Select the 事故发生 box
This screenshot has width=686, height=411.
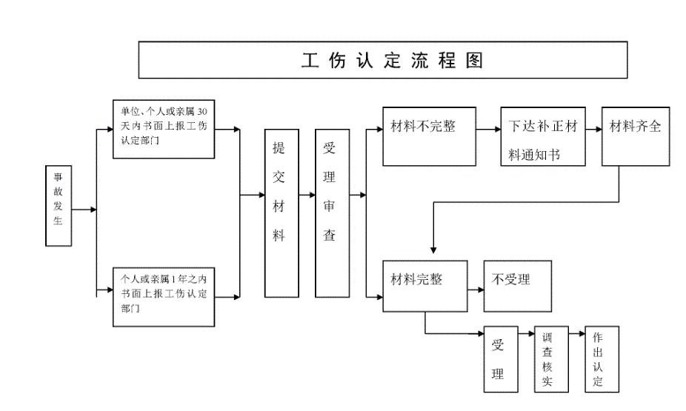point(59,204)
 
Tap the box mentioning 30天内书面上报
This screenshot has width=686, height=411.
point(164,129)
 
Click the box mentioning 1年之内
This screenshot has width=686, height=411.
point(164,295)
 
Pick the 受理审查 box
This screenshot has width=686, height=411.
point(329,213)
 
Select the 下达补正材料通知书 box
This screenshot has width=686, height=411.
point(542,136)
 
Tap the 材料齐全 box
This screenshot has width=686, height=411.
point(635,136)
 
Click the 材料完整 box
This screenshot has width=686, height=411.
point(424,286)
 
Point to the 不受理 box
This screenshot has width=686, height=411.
point(517,286)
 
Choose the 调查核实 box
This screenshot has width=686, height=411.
point(547,359)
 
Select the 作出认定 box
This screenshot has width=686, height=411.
point(601,359)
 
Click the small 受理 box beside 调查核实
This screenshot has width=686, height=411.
point(499,359)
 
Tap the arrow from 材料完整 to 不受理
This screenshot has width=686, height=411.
point(476,287)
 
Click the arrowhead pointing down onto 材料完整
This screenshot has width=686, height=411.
point(433,250)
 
